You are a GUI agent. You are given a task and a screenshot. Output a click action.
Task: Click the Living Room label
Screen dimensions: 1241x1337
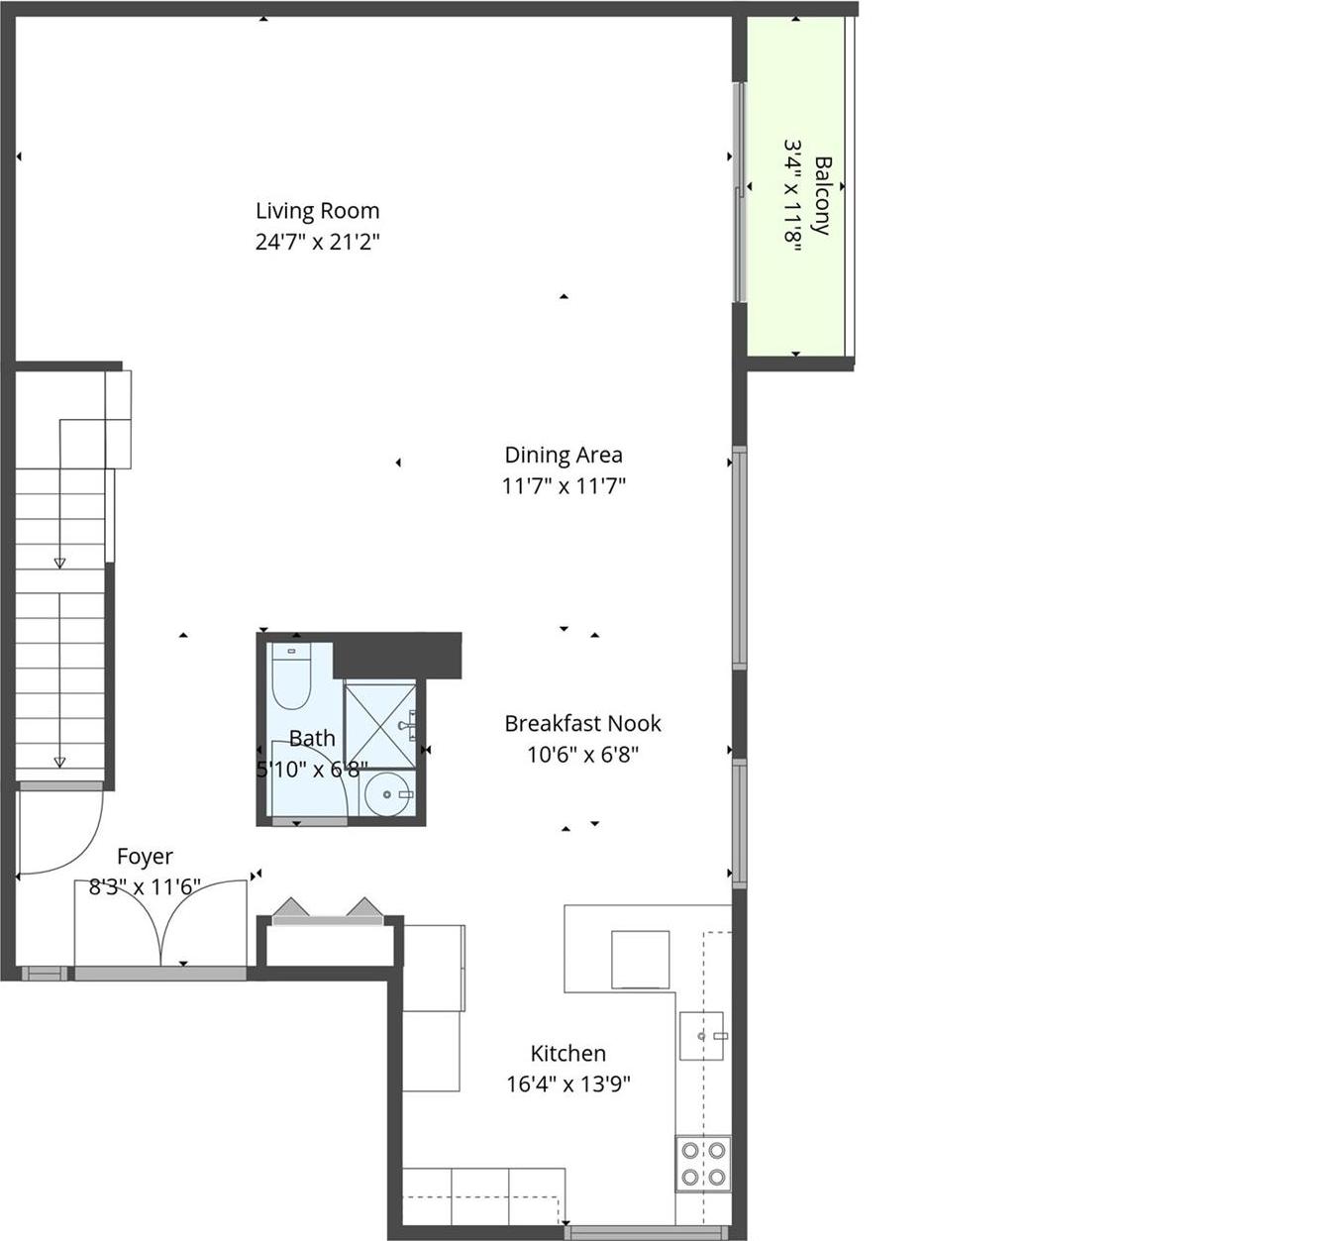[x=317, y=211]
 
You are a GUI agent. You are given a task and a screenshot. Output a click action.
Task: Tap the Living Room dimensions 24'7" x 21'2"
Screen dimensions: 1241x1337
[x=317, y=242]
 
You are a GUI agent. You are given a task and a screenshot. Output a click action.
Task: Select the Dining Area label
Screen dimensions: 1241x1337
[x=564, y=456]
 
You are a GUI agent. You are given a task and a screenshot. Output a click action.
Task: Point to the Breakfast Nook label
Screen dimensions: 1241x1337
[x=582, y=724]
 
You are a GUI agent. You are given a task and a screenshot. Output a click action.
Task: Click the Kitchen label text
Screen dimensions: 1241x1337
[x=567, y=1054]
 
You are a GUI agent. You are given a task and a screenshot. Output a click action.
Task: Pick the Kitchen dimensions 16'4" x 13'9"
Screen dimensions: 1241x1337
[x=567, y=1085]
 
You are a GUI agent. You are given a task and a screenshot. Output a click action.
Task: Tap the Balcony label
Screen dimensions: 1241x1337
[x=822, y=195]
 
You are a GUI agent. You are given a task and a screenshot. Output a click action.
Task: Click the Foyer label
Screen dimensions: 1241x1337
[x=145, y=857]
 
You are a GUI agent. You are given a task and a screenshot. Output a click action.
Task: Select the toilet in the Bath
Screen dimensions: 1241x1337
[x=291, y=677]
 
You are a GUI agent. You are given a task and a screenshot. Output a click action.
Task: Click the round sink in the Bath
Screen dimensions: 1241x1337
[x=386, y=794]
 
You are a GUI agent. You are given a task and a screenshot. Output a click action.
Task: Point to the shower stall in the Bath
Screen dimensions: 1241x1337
[x=379, y=725]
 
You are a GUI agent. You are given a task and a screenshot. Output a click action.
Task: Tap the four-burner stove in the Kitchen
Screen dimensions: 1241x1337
[x=703, y=1164]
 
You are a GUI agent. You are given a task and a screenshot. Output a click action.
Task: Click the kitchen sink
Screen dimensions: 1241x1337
[x=701, y=1036]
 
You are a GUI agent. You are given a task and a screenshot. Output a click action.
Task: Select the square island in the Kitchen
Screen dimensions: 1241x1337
[x=640, y=960]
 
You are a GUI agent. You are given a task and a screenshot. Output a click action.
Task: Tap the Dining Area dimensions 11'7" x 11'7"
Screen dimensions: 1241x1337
[x=564, y=486]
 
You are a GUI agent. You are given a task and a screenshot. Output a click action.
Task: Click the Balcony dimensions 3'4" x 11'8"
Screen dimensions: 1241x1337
[x=791, y=195]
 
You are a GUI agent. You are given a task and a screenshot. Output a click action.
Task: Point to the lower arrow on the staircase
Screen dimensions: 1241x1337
[x=59, y=761]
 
